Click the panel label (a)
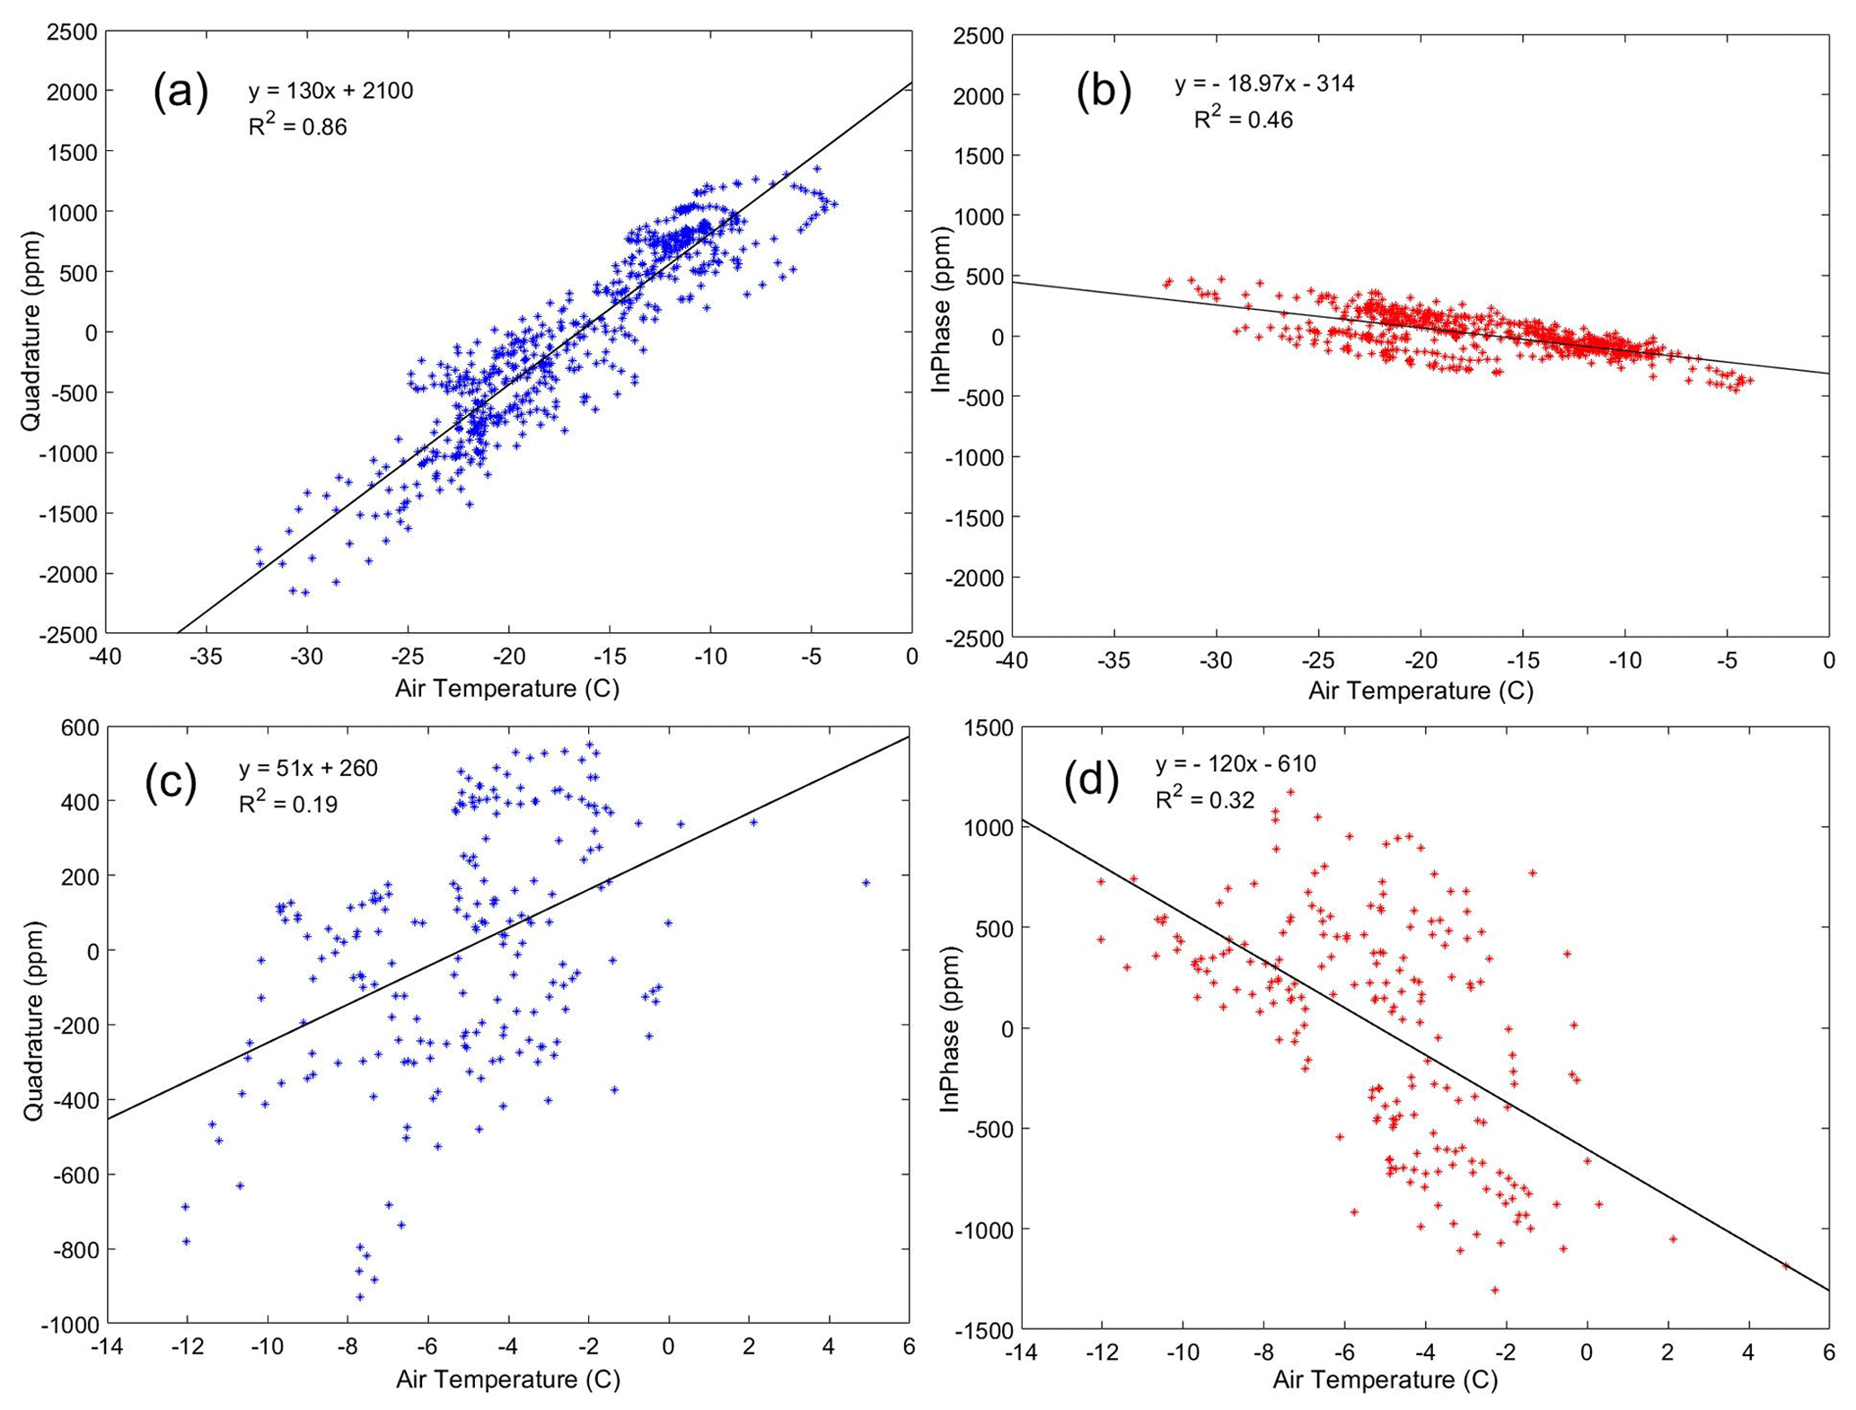[x=180, y=93]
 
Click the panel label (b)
[x=1104, y=93]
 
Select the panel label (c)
[x=171, y=780]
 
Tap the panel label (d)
[x=1091, y=780]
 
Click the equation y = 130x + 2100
[x=330, y=91]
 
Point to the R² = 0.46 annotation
[x=1243, y=119]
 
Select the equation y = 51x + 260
[x=308, y=769]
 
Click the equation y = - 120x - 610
[x=1236, y=764]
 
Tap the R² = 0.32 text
[x=1204, y=798]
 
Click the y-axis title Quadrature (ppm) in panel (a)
[x=31, y=331]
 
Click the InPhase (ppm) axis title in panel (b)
[x=941, y=310]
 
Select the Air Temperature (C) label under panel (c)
[x=508, y=1379]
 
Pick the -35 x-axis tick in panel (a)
[x=206, y=657]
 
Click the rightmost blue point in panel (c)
[x=866, y=883]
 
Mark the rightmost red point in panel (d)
[x=1786, y=1266]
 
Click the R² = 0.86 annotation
[x=297, y=126]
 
